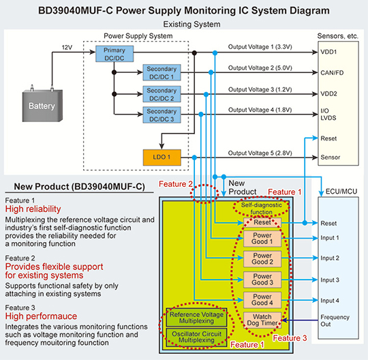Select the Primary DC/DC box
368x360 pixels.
click(114, 54)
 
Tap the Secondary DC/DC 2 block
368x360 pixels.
click(162, 94)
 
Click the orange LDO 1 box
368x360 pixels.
click(162, 157)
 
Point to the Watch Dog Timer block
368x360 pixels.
click(262, 320)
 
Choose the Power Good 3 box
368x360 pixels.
click(262, 280)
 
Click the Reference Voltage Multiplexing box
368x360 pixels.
click(196, 318)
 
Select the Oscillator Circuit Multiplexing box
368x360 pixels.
click(196, 337)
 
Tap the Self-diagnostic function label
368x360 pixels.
click(262, 209)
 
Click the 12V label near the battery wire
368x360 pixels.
click(67, 48)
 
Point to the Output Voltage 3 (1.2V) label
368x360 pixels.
click(260, 89)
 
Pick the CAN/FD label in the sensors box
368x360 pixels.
click(332, 73)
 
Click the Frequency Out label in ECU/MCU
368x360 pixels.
click(335, 320)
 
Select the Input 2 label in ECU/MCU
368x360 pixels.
click(330, 258)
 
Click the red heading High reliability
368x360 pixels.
click(33, 209)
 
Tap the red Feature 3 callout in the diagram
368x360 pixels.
click(290, 338)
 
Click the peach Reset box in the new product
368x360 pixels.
click(262, 222)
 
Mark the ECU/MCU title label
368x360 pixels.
click(341, 192)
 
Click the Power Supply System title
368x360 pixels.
click(138, 36)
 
